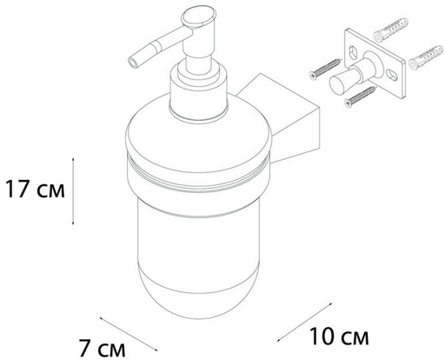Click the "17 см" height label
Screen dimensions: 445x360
click(35, 190)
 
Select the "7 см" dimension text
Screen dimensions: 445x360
click(103, 349)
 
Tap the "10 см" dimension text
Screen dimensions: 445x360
click(339, 337)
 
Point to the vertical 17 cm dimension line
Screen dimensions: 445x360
click(73, 191)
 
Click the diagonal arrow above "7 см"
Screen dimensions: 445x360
click(129, 334)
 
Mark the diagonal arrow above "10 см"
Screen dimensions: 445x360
click(304, 323)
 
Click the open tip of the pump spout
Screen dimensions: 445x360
click(132, 63)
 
